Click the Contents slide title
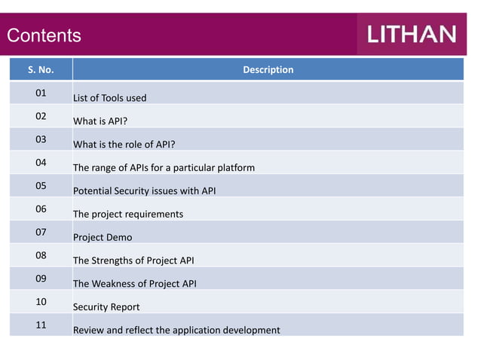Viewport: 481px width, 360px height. [44, 35]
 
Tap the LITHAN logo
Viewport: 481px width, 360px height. [412, 35]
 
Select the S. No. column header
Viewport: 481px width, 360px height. [41, 70]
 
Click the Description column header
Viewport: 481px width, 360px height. [268, 70]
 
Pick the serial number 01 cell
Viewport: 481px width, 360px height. [41, 93]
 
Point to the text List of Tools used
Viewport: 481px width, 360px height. [109, 98]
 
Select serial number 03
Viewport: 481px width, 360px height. [41, 139]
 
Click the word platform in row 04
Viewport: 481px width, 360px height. [234, 168]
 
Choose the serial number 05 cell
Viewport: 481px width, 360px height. [41, 186]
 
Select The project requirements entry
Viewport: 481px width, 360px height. [127, 215]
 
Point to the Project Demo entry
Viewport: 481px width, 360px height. [102, 238]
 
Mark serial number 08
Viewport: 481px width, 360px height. [41, 255]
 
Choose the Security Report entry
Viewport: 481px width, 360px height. [106, 307]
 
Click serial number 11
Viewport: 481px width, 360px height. [41, 325]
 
